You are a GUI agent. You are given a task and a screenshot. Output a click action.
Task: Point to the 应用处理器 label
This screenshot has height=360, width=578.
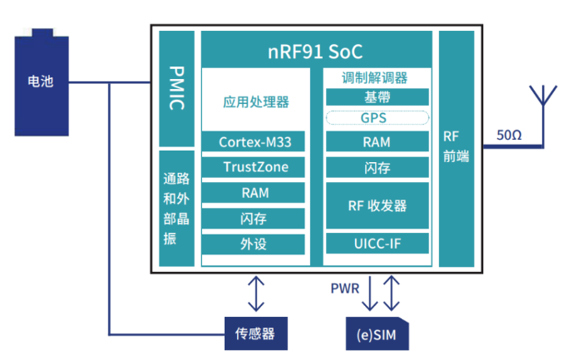pos(255,102)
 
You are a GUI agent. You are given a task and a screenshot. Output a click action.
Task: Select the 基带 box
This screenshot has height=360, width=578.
pos(375,97)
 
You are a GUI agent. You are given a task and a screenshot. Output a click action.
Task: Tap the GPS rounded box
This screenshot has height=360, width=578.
pos(375,118)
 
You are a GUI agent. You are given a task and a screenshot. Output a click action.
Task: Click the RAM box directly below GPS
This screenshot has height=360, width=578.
pos(375,142)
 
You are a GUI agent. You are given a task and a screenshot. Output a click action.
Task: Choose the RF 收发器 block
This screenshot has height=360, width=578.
pos(375,205)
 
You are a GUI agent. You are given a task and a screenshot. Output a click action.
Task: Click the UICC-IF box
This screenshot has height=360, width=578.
pos(375,244)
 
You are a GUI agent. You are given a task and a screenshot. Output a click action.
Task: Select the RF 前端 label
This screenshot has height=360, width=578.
pos(456,146)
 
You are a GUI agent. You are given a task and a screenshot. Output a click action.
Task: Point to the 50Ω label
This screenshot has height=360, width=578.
pos(508,135)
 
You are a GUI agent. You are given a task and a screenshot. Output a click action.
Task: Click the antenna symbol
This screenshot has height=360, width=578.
pos(546,96)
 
